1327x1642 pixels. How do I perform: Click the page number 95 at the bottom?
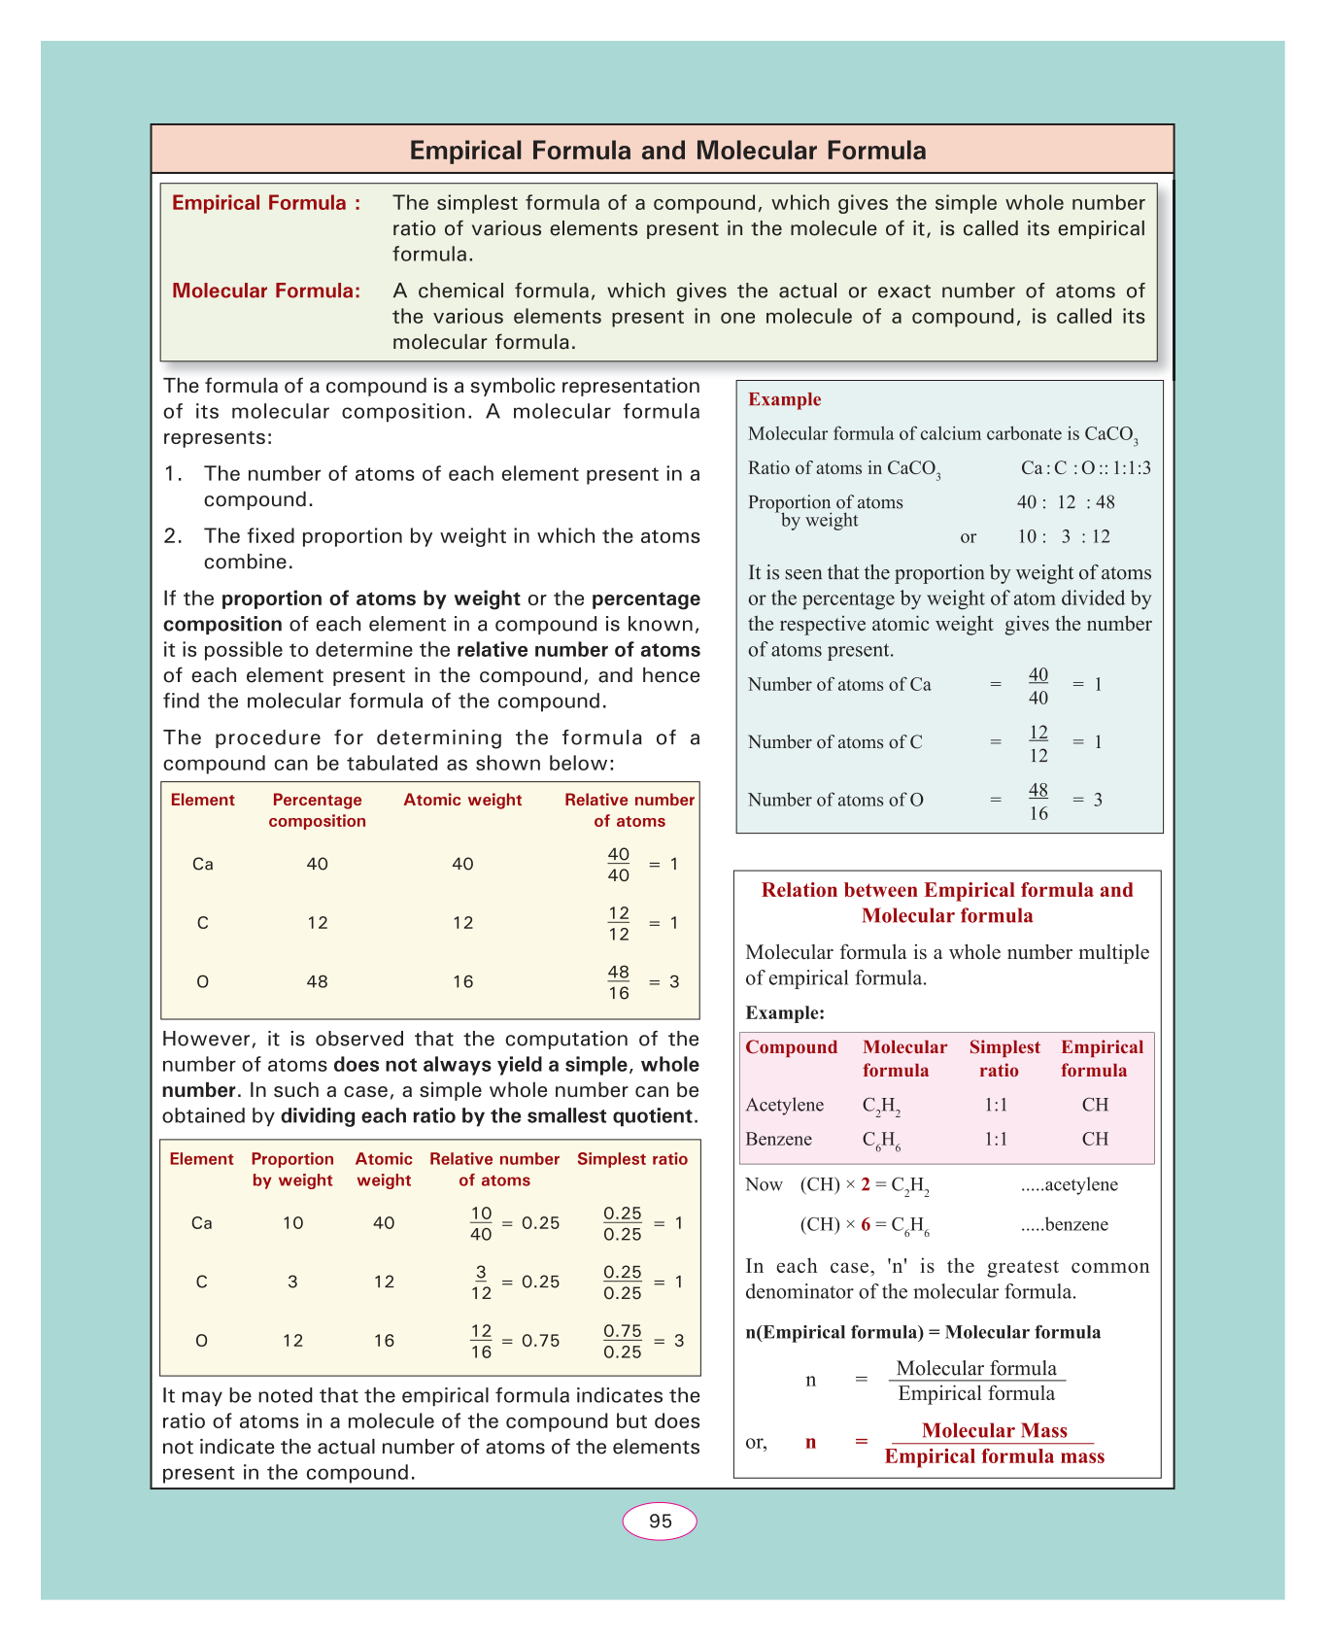click(x=660, y=1522)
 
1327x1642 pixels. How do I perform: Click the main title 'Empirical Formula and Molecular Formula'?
click(x=667, y=151)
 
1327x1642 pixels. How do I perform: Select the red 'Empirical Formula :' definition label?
click(x=266, y=203)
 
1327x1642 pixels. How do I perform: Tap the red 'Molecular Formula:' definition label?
click(x=266, y=291)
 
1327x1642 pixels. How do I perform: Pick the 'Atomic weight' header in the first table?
click(x=462, y=800)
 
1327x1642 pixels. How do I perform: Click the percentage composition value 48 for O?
click(x=317, y=981)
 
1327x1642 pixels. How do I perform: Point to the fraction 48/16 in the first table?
click(x=619, y=982)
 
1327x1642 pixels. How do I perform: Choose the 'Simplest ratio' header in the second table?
click(x=632, y=1159)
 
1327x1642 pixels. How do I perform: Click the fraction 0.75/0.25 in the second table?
click(x=623, y=1342)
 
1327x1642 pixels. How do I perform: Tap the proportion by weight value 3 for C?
click(x=293, y=1282)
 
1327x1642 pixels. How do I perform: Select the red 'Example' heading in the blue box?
click(x=784, y=399)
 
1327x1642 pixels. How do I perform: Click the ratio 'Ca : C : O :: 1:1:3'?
click(x=1085, y=468)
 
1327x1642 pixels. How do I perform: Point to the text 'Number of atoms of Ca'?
click(x=839, y=684)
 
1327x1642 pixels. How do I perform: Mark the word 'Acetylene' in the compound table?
click(x=785, y=1105)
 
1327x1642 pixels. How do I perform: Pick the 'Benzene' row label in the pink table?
click(x=779, y=1139)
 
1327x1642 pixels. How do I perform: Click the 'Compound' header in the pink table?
click(x=791, y=1047)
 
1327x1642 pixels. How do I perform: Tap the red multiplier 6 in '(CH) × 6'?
click(x=866, y=1224)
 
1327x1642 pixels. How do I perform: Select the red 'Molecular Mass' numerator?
click(x=994, y=1430)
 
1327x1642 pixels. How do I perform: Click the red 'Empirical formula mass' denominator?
click(x=994, y=1456)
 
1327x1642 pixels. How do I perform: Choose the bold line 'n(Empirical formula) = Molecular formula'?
click(x=923, y=1332)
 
